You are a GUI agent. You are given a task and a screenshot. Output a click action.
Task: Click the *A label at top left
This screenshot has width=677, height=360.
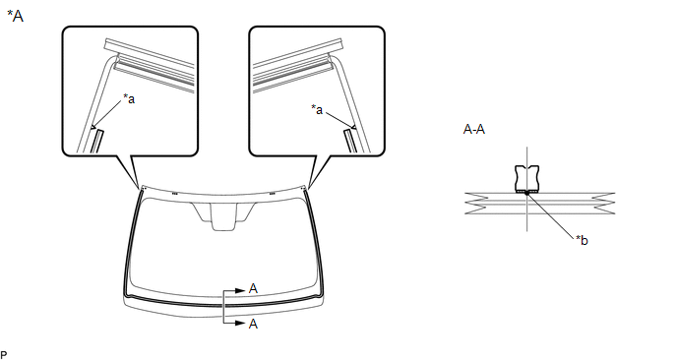point(15,16)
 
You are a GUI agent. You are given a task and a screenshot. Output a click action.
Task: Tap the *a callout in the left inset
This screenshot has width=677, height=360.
point(129,98)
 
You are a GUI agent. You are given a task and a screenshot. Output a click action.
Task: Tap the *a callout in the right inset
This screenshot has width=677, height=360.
point(317,109)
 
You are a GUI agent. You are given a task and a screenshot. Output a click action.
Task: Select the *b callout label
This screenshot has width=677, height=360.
point(582,240)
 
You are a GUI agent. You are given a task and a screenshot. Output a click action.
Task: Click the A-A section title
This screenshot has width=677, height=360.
point(473,130)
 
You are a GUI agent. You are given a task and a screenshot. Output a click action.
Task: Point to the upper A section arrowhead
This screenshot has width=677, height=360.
point(240,291)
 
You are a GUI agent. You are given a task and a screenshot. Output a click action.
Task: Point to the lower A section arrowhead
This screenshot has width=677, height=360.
point(240,323)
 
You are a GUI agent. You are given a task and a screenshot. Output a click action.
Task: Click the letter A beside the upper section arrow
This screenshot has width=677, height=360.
point(254,289)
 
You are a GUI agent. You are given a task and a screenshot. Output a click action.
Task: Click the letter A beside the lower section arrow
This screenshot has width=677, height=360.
point(254,324)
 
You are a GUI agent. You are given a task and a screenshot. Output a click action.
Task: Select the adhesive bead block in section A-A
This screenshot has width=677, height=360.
point(526,178)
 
